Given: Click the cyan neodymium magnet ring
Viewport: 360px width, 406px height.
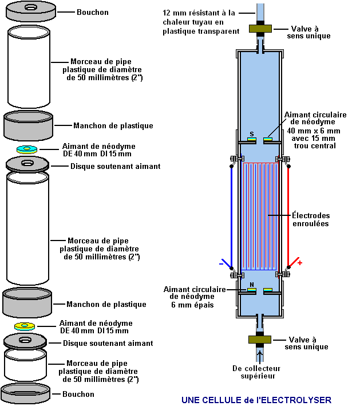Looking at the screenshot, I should pyautogui.click(x=26, y=149).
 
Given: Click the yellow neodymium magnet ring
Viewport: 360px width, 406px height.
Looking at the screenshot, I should pyautogui.click(x=25, y=326).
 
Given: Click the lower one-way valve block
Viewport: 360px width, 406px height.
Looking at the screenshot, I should pyautogui.click(x=260, y=340).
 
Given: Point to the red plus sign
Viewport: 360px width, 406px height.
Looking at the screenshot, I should pyautogui.click(x=299, y=263).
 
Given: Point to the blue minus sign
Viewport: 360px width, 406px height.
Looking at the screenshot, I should pyautogui.click(x=221, y=264).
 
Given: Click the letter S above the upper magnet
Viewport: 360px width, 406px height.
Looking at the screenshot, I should pyautogui.click(x=251, y=135).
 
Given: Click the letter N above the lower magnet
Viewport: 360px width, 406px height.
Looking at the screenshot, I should pyautogui.click(x=251, y=285).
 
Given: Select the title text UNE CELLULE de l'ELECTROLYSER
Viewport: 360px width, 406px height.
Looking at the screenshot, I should pyautogui.click(x=256, y=400).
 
